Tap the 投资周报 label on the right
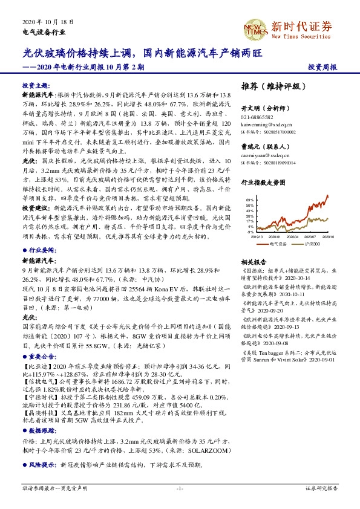tap(322, 67)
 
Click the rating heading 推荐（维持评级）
tap(270, 86)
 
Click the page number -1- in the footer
tap(180, 487)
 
